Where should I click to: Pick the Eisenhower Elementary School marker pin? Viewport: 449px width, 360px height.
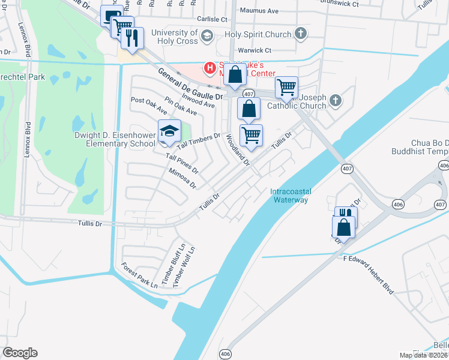click(x=169, y=132)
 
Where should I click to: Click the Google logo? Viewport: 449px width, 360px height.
click(x=20, y=353)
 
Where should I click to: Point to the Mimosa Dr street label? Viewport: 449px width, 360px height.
click(x=182, y=178)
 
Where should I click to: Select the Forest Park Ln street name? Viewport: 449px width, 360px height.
click(x=139, y=274)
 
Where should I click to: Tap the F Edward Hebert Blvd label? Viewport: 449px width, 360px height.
click(x=368, y=274)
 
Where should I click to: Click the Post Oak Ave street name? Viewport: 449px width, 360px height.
click(x=148, y=106)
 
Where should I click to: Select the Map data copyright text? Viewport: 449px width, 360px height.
click(x=423, y=355)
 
